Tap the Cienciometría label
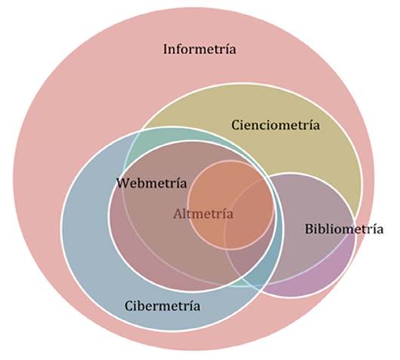(275, 125)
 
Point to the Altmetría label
(203, 214)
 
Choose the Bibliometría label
(343, 229)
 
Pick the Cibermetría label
(162, 306)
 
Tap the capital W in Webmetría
(123, 183)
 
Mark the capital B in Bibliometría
(309, 229)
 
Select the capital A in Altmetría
(177, 214)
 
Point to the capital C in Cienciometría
(235, 125)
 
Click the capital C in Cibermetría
(128, 306)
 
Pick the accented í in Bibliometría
(371, 229)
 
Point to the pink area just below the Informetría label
(200, 72)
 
